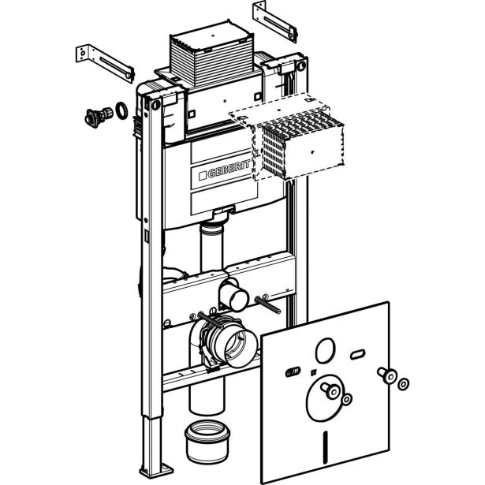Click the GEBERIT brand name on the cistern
click(x=229, y=170)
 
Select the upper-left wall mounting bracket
click(x=105, y=63)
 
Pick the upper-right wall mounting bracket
click(x=275, y=21)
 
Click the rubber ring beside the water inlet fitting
click(x=121, y=110)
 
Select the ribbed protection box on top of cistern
click(x=212, y=54)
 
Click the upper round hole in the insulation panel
click(x=326, y=350)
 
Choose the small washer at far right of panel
click(x=403, y=384)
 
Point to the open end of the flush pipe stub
click(x=239, y=300)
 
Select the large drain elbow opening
click(x=240, y=348)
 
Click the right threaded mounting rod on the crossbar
click(x=267, y=305)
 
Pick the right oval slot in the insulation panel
click(x=357, y=354)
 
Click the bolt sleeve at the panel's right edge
click(x=387, y=375)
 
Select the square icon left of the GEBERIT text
click(x=203, y=176)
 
